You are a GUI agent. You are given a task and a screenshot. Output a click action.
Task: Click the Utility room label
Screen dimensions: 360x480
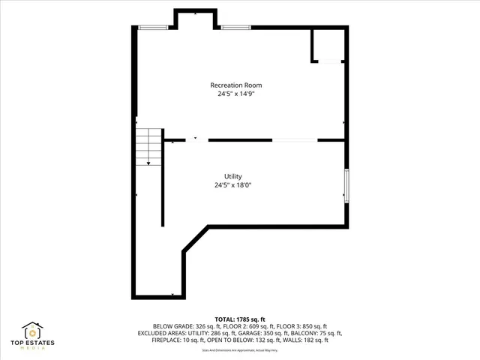click(232, 176)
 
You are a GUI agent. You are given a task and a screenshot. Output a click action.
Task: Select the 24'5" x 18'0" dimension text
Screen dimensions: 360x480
click(232, 185)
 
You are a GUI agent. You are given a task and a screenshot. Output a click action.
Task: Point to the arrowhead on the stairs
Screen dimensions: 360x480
click(148, 162)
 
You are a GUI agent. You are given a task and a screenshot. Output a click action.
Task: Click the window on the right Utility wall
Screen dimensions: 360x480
click(346, 185)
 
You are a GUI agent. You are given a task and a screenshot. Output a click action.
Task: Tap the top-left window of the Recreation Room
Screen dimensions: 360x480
click(153, 28)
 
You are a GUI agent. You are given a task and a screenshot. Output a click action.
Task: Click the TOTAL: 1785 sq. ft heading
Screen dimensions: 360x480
click(239, 319)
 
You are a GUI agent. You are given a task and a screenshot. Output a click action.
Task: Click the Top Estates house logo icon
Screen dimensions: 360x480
click(33, 331)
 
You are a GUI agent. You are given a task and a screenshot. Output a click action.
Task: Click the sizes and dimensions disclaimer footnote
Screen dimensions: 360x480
click(240, 350)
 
